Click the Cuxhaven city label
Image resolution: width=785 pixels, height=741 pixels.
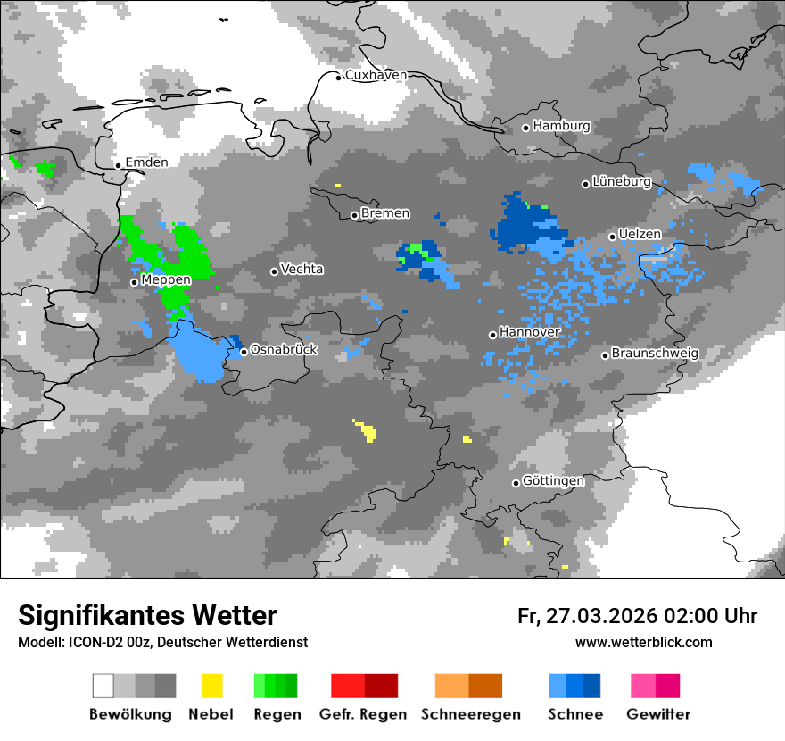376,76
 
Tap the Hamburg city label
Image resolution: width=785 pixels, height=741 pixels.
561,126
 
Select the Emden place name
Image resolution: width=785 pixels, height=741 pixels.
146,162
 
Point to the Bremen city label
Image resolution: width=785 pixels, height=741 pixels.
385,213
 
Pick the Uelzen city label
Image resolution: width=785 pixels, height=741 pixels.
640,235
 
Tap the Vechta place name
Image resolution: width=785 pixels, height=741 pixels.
302,269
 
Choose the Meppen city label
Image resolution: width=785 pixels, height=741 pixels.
166,280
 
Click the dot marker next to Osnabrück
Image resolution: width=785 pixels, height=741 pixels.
244,352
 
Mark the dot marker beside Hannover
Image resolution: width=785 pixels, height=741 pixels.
492,335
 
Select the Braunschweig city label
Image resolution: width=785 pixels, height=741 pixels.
655,354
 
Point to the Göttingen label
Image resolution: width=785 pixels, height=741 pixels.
553,481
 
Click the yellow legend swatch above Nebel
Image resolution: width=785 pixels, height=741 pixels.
211,686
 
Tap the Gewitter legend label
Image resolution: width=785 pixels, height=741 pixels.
657,714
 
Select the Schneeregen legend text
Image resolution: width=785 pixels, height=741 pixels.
470,714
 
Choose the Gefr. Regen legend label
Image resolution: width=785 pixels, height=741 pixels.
363,714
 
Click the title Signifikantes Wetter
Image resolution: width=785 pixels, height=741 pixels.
147,616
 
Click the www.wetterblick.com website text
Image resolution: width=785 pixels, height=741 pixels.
643,643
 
